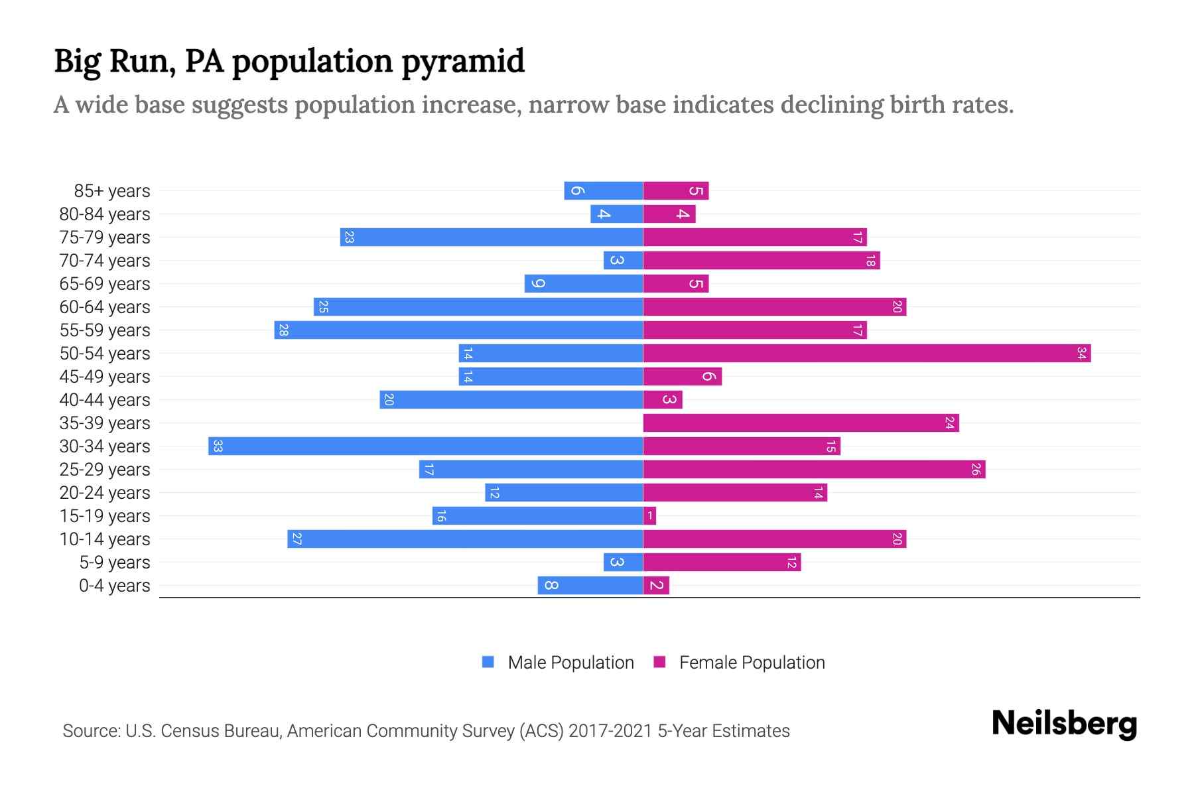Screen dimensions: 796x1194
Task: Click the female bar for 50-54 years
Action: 866,354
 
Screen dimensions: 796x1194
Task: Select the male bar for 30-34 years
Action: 425,446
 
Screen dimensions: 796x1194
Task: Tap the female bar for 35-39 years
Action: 801,423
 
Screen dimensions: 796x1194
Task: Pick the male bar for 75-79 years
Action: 491,237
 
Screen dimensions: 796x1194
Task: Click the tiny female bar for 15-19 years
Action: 649,516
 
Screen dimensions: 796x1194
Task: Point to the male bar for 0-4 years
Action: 590,586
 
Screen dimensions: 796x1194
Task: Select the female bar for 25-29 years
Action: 814,470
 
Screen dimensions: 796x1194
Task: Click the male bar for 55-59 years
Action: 458,330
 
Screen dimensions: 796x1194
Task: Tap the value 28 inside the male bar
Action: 283,330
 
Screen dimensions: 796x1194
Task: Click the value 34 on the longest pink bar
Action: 1081,354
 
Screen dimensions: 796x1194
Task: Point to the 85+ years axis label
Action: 112,191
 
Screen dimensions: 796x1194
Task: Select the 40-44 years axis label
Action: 105,400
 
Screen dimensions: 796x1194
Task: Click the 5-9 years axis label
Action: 115,563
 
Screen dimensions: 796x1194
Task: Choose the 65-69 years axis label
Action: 105,284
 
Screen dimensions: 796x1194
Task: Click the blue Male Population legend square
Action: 488,662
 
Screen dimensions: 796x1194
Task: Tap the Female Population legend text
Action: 752,663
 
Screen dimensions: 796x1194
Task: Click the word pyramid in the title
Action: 463,62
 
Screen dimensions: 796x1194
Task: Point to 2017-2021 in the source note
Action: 610,731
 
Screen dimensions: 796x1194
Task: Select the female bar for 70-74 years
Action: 761,261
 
